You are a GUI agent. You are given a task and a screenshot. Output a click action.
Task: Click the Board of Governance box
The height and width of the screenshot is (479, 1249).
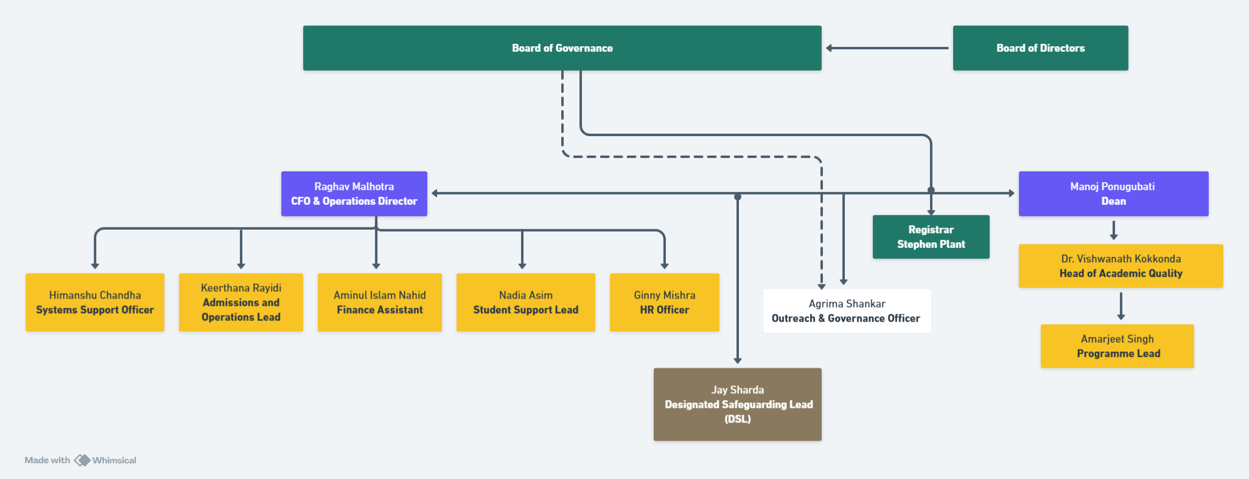tap(562, 48)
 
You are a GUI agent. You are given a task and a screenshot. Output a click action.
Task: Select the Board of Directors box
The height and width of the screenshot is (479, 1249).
tap(1040, 48)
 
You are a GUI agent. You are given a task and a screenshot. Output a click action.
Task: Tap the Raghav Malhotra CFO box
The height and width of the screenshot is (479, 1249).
tap(354, 194)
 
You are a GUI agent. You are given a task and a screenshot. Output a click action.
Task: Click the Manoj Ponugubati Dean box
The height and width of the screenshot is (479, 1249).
tap(1113, 194)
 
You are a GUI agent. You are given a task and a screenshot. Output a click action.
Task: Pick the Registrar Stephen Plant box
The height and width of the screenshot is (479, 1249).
tap(931, 237)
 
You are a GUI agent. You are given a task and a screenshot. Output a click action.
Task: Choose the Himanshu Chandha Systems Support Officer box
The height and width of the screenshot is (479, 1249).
tap(95, 302)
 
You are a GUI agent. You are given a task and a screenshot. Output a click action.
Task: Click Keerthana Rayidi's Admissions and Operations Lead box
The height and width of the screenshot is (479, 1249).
tap(241, 302)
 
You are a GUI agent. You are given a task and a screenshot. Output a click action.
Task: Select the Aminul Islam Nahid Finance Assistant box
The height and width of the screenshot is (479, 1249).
tap(380, 302)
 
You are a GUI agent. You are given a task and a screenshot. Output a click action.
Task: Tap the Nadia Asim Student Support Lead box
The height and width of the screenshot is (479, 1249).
tap(526, 302)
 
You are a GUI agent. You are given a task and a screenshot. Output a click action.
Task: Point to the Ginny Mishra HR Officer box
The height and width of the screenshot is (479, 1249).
tap(664, 302)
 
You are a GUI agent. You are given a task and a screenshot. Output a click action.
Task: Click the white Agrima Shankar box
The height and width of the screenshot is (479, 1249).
tap(847, 311)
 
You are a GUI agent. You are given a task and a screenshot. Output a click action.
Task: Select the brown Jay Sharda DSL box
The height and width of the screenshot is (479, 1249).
tap(737, 404)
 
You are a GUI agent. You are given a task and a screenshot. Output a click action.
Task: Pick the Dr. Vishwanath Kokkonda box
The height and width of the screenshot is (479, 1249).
tap(1121, 266)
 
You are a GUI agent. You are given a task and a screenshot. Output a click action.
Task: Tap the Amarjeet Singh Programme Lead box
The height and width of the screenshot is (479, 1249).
tap(1118, 346)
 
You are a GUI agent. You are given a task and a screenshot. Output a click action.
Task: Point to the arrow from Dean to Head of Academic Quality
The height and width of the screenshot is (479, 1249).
tap(1114, 230)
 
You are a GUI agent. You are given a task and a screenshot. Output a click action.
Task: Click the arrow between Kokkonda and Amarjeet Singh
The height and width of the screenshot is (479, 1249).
tap(1121, 306)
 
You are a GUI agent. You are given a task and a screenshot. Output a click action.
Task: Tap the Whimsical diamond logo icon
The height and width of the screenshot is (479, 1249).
tap(82, 460)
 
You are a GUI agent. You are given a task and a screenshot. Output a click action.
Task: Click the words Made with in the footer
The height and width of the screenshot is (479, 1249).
tap(47, 460)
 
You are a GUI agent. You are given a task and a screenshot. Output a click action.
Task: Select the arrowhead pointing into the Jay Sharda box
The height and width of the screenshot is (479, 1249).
tap(738, 360)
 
